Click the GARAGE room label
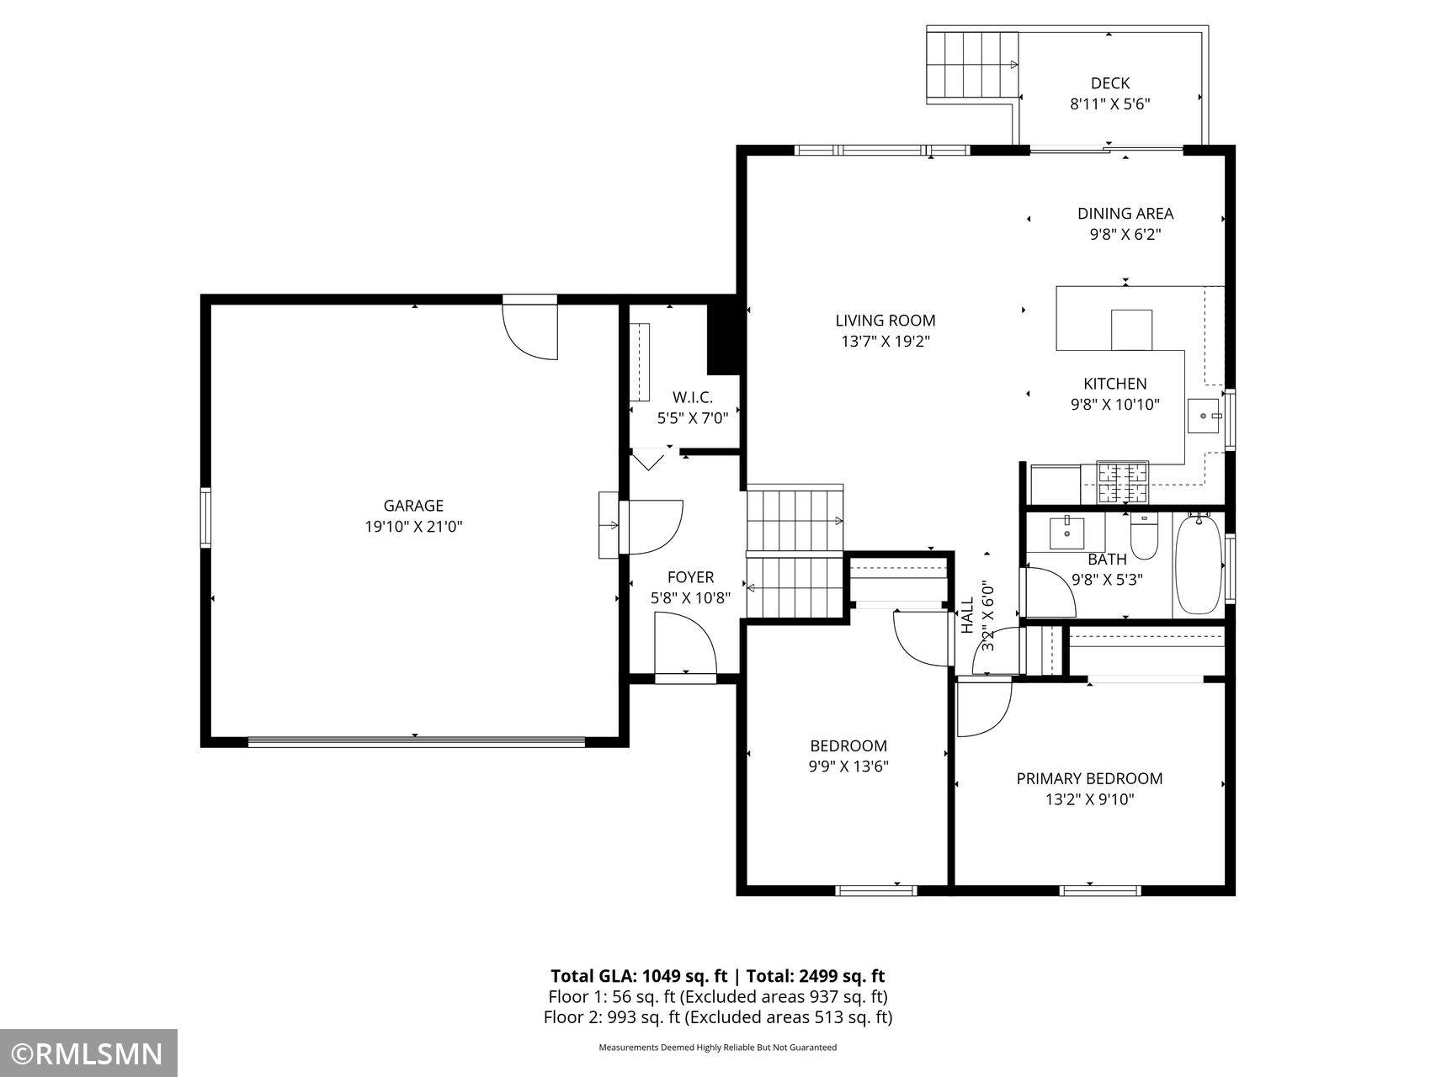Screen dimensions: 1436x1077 (x=413, y=506)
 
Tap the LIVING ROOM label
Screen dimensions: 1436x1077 (x=886, y=321)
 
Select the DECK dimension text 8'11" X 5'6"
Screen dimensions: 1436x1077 (x=1110, y=104)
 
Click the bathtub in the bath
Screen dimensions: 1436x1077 (x=1198, y=565)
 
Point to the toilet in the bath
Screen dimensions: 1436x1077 (x=1144, y=535)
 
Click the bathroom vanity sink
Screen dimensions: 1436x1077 (x=1067, y=532)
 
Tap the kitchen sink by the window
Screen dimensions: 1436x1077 (x=1204, y=416)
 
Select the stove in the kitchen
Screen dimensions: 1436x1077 (x=1123, y=482)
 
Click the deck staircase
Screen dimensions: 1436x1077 (x=973, y=65)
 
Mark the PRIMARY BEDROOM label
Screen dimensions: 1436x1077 (x=1089, y=779)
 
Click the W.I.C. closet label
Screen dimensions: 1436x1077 (x=693, y=397)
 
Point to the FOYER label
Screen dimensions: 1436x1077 (x=690, y=577)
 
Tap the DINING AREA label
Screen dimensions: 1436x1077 (x=1125, y=214)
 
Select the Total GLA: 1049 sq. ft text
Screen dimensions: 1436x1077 (x=639, y=976)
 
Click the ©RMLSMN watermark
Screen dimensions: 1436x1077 (x=88, y=1053)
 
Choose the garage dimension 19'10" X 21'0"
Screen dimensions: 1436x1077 (x=413, y=527)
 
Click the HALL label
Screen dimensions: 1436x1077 (x=967, y=616)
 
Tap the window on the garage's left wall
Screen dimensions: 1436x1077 (x=205, y=517)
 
